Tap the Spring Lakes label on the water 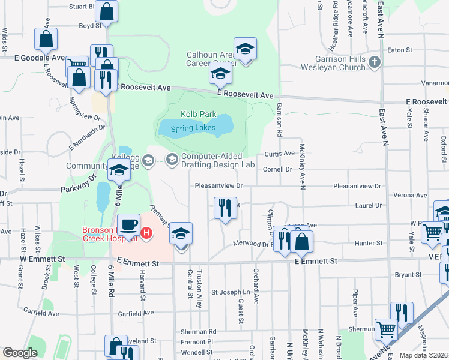point(193,128)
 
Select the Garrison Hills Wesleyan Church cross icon point(375,62)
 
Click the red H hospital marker point(146,231)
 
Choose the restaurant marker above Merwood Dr point(225,208)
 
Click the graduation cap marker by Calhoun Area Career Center point(244,49)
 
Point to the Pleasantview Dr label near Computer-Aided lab point(218,186)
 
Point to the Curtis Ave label point(280,154)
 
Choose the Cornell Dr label point(277,169)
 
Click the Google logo point(20,353)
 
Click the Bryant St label point(409,275)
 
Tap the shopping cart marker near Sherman point(386,329)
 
